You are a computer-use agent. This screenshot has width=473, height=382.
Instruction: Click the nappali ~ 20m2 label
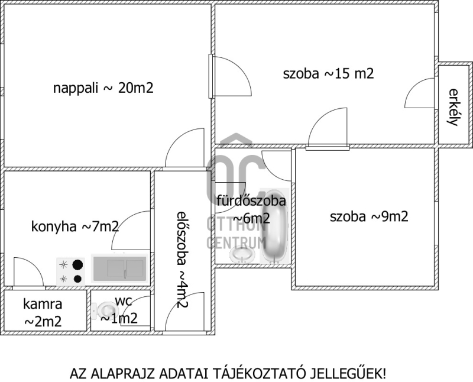[x=103, y=88]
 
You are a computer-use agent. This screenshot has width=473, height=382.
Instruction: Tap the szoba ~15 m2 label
[x=329, y=74]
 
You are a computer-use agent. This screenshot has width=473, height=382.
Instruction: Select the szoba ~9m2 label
[x=369, y=216]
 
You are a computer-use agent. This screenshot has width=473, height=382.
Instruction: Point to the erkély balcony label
[x=453, y=107]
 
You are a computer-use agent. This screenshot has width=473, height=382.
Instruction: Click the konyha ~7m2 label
[x=75, y=226]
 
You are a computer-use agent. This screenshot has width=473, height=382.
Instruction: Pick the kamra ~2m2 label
[x=43, y=313]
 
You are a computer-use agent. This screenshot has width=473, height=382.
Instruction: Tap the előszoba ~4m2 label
[x=182, y=260]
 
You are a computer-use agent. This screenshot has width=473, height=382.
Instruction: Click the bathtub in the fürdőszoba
[x=274, y=226]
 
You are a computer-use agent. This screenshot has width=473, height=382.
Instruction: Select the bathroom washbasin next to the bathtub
[x=242, y=255]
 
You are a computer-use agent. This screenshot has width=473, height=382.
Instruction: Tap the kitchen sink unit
[x=120, y=268]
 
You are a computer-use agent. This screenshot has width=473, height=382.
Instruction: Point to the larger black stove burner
[x=78, y=265]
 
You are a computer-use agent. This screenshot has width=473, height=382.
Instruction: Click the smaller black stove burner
[x=78, y=279]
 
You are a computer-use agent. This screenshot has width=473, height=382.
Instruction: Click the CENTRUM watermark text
[x=236, y=242]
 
